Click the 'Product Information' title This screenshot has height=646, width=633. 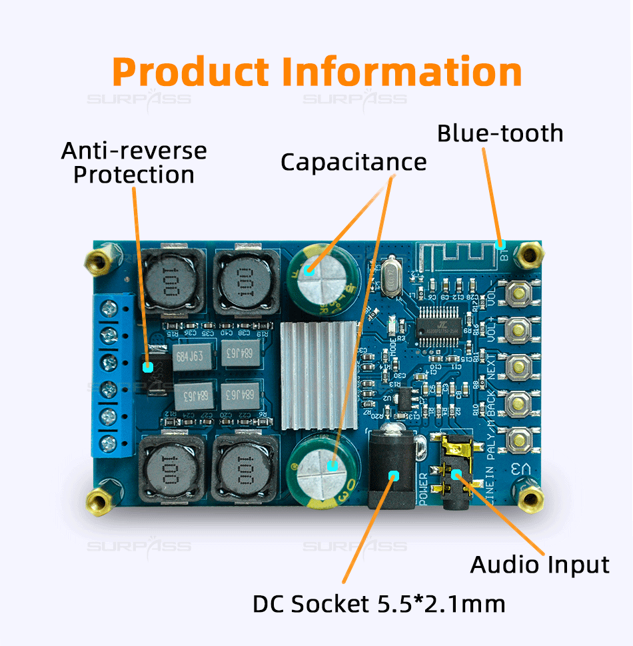click(316, 71)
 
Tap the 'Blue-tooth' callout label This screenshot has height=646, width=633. click(500, 133)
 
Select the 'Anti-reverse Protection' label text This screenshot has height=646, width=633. click(134, 162)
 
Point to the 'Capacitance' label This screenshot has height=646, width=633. click(353, 162)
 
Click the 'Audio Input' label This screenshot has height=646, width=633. click(540, 565)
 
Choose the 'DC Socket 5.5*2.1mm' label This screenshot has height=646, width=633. click(378, 604)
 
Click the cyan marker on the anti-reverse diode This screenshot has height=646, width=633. click(149, 366)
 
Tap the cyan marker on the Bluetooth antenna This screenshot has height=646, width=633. click(500, 244)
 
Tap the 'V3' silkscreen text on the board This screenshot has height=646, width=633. click(520, 469)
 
